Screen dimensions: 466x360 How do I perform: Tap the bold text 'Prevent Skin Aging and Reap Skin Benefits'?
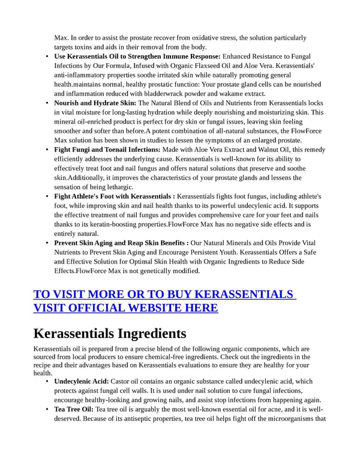pyautogui.click(x=119, y=243)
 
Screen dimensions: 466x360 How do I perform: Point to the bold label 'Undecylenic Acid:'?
pyautogui.click(x=81, y=381)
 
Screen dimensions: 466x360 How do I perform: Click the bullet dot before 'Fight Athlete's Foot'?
pyautogui.click(x=47, y=196)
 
